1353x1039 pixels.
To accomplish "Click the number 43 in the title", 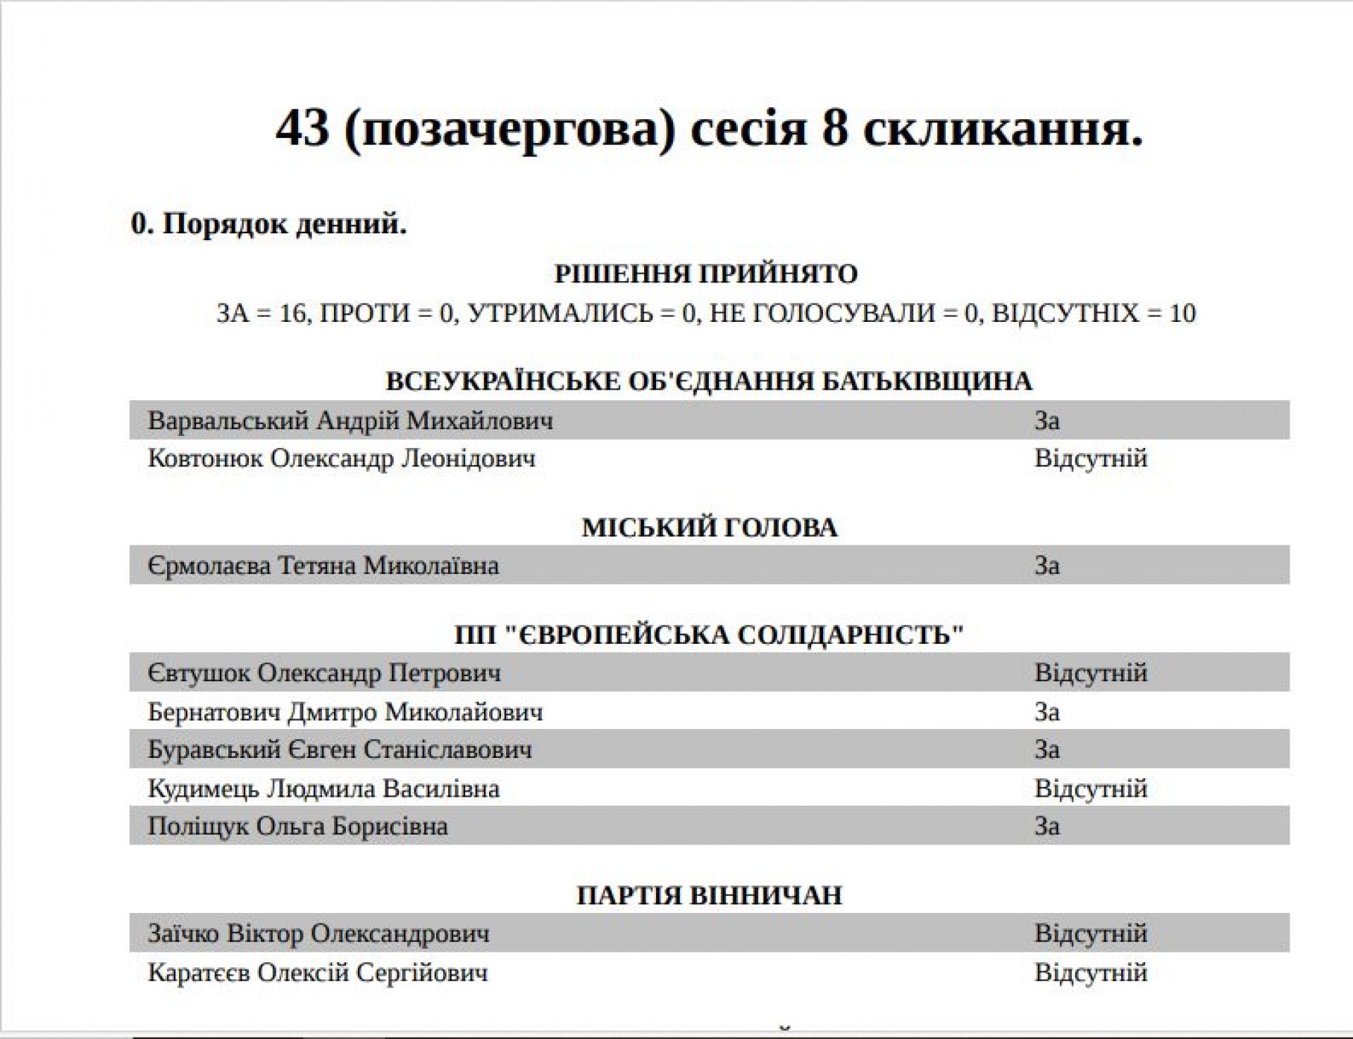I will point(302,130).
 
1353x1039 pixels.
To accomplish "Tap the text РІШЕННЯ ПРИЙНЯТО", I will point(706,273).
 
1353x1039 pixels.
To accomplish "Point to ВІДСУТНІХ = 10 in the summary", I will point(1094,313).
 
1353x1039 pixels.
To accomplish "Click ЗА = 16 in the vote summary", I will point(261,313).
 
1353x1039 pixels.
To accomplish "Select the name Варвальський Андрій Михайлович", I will point(350,421).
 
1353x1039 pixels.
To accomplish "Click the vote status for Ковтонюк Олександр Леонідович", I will point(1090,458).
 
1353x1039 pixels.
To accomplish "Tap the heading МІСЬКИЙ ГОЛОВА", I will point(709,528).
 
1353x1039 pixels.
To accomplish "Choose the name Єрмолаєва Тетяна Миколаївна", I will point(323,565).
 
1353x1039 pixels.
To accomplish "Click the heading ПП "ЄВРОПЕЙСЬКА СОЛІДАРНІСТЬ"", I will point(709,635).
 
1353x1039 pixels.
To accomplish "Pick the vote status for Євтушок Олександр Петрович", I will point(1090,672).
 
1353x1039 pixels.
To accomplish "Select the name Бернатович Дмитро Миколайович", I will point(345,711).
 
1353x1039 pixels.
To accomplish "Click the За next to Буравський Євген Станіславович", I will point(1046,749).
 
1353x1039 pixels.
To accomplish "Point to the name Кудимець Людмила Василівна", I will point(323,788).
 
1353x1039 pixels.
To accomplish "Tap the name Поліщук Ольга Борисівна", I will point(297,826).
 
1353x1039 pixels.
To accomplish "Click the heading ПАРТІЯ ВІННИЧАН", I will point(709,895).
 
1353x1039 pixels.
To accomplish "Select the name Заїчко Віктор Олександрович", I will point(319,933).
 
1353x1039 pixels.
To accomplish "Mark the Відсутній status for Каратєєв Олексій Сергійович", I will point(1090,972).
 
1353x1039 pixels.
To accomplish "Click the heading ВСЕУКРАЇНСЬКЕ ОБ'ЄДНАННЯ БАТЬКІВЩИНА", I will point(709,381).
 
